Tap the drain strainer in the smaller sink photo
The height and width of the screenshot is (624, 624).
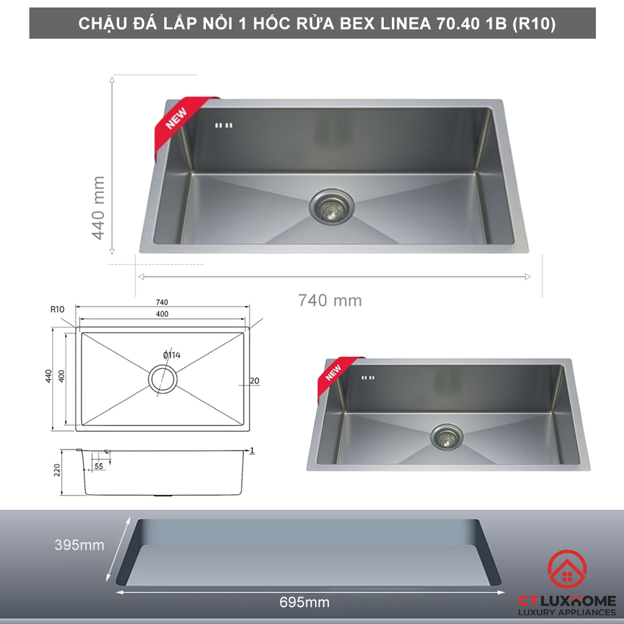pyautogui.click(x=444, y=437)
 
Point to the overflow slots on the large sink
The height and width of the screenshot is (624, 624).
pyautogui.click(x=223, y=125)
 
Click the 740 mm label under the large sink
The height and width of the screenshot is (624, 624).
pyautogui.click(x=330, y=300)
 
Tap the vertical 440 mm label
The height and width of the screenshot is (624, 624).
pyautogui.click(x=98, y=207)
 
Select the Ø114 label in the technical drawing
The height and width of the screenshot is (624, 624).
pyautogui.click(x=172, y=355)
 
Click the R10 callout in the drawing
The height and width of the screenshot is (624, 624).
pyautogui.click(x=57, y=309)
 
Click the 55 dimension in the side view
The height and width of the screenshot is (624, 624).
pyautogui.click(x=99, y=466)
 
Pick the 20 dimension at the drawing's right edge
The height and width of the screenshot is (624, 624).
pyautogui.click(x=255, y=381)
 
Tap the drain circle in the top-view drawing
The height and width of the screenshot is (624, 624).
pyautogui.click(x=162, y=379)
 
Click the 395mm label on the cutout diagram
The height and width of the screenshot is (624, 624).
pyautogui.click(x=79, y=545)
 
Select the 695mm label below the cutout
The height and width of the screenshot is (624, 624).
pyautogui.click(x=305, y=603)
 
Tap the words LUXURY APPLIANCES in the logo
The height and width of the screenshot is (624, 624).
pyautogui.click(x=568, y=613)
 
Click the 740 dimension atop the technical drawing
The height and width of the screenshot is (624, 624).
pyautogui.click(x=162, y=302)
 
